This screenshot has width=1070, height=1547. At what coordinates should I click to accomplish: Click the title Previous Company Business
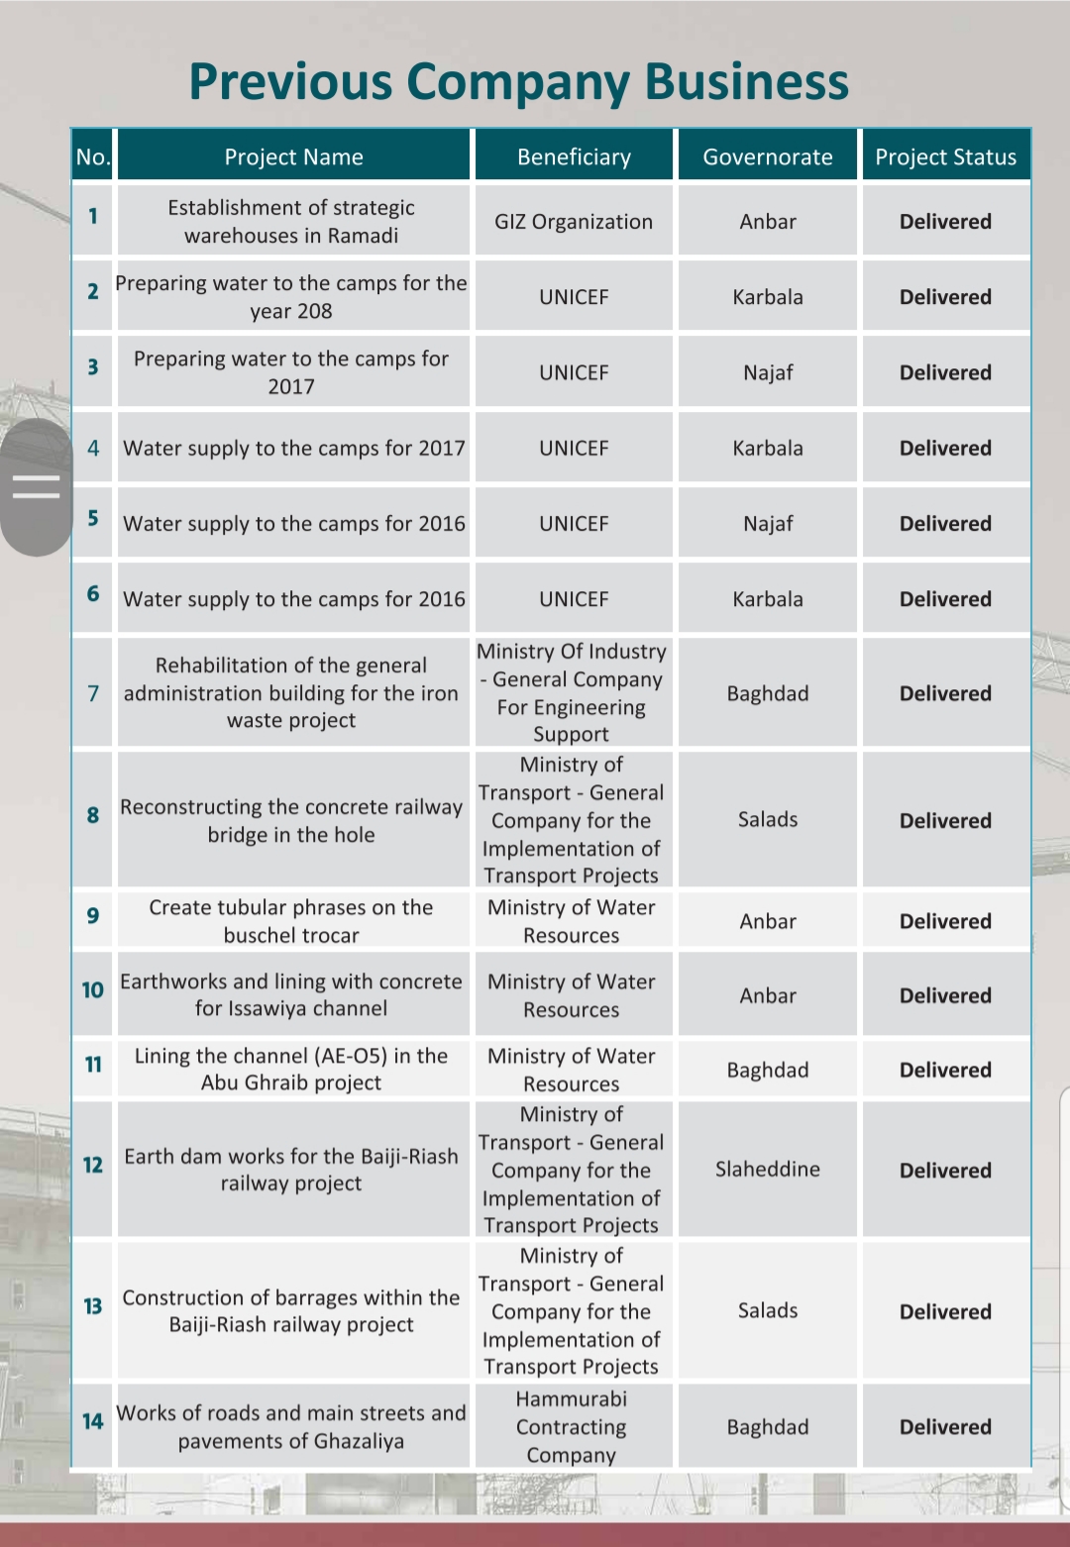click(518, 81)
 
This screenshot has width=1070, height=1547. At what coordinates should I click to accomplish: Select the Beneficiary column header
click(574, 157)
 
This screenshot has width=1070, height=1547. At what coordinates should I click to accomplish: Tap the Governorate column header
click(767, 157)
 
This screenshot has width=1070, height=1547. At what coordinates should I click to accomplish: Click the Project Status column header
click(945, 157)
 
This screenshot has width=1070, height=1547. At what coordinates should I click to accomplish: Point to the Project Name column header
click(293, 157)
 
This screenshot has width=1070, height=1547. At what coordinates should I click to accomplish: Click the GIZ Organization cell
click(574, 222)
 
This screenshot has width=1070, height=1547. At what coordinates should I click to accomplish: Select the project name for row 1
click(291, 222)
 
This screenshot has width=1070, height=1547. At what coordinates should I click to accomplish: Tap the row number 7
click(93, 693)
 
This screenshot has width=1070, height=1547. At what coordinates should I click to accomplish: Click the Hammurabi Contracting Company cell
click(572, 1427)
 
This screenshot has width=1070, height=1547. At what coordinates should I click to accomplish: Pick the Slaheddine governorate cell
click(767, 1170)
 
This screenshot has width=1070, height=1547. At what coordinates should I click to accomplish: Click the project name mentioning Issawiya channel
click(291, 995)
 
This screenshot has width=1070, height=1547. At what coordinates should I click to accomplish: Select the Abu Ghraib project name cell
click(291, 1070)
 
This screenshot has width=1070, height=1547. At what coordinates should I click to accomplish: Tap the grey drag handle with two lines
click(37, 486)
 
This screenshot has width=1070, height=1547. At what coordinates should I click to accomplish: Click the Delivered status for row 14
click(945, 1427)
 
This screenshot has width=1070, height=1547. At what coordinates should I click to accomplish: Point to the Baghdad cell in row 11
click(767, 1071)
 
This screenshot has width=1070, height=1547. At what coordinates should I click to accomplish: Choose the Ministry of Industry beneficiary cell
click(572, 692)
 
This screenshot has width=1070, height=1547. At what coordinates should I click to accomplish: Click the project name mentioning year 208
click(291, 297)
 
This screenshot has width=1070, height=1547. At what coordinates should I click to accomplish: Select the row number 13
click(93, 1306)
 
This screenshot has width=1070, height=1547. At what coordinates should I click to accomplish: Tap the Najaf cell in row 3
click(767, 373)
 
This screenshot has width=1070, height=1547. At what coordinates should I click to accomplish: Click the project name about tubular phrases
click(291, 921)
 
